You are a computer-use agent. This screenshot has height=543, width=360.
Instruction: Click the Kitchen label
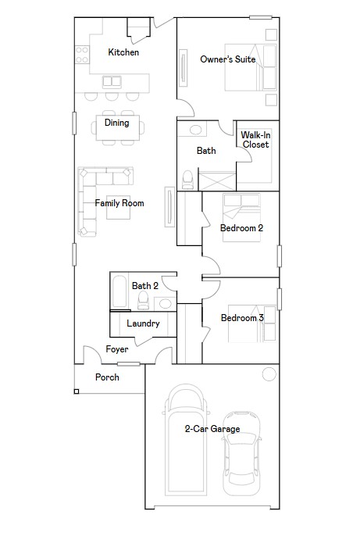pyautogui.click(x=123, y=52)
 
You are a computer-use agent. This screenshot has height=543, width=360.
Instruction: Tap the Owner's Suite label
pyautogui.click(x=228, y=59)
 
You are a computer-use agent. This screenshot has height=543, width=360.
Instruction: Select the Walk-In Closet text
pyautogui.click(x=255, y=140)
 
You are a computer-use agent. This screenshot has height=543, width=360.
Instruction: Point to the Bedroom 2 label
pyautogui.click(x=241, y=228)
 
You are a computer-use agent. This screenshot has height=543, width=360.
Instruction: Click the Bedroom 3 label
pyautogui.click(x=241, y=318)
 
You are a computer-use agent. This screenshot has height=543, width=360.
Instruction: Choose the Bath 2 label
pyautogui.click(x=145, y=286)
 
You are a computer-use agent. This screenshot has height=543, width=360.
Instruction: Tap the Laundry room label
pyautogui.click(x=143, y=323)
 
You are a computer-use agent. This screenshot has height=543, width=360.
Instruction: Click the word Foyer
pyautogui.click(x=117, y=349)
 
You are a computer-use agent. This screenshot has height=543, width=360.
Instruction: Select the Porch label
pyautogui.click(x=108, y=377)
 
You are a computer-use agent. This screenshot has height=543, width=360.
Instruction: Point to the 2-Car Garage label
pyautogui.click(x=212, y=429)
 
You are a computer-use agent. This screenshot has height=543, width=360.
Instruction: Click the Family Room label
pyautogui.click(x=119, y=203)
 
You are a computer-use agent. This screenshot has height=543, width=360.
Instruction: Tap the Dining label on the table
pyautogui.click(x=117, y=123)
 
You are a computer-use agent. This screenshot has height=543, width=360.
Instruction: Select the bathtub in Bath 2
pyautogui.click(x=118, y=291)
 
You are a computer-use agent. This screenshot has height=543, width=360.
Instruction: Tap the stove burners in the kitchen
pyautogui.click(x=81, y=54)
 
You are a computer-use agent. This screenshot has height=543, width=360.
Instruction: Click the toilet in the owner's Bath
pyautogui.click(x=187, y=180)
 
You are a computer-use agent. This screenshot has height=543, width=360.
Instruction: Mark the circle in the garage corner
pyautogui.click(x=269, y=373)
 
